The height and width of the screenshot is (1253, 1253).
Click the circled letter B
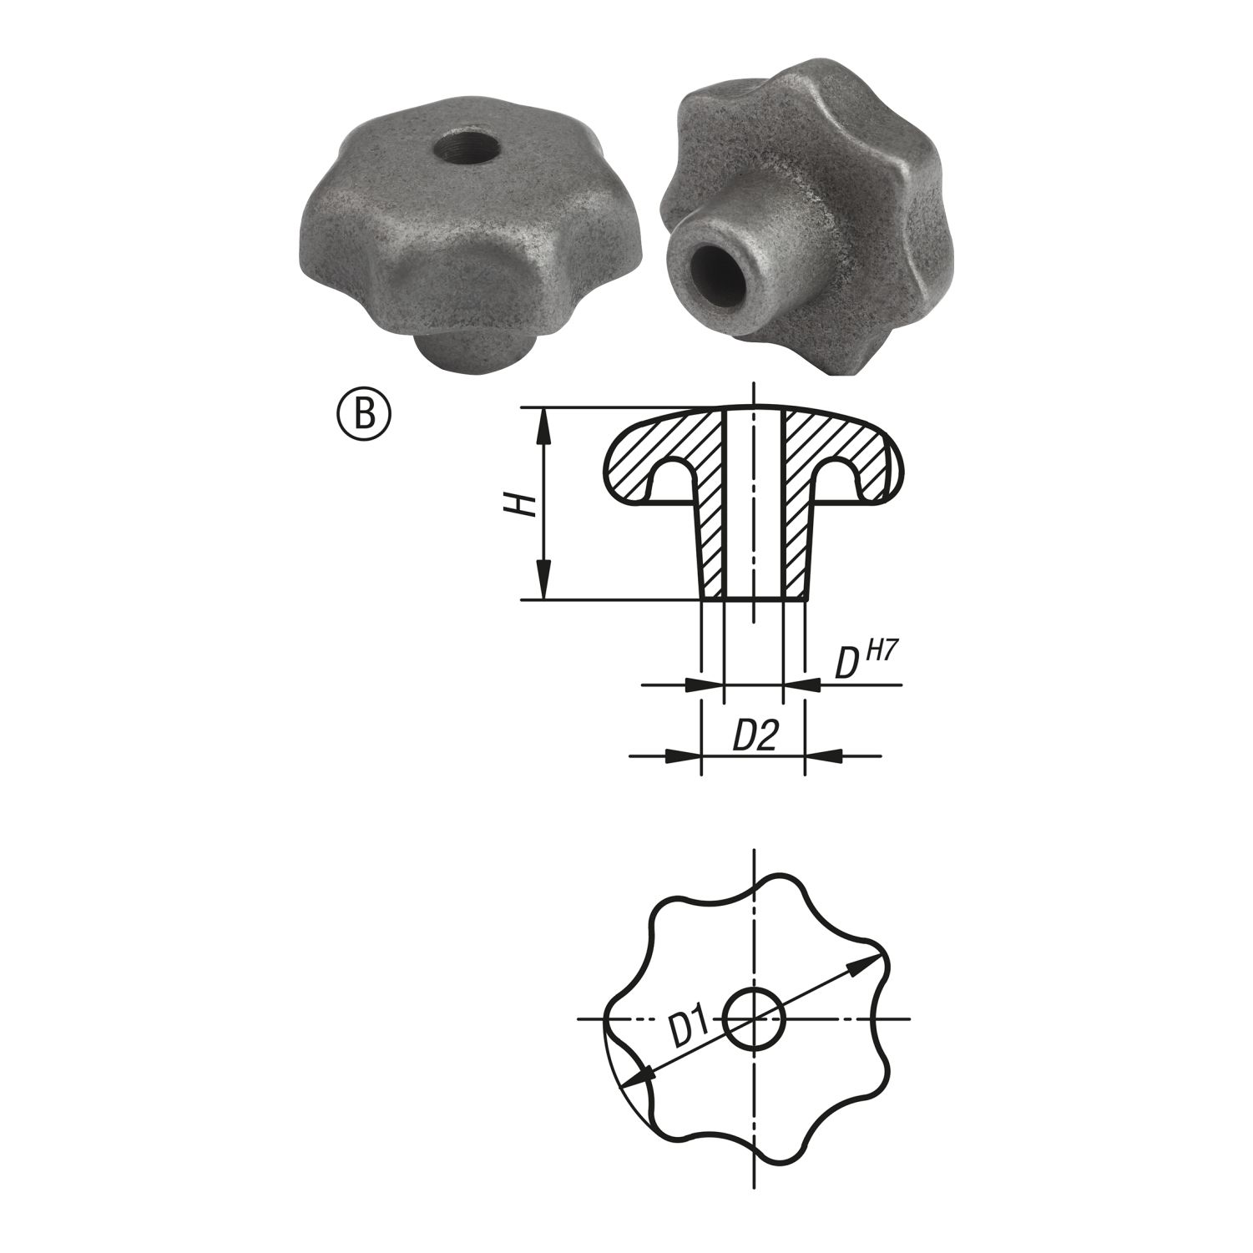(x=364, y=416)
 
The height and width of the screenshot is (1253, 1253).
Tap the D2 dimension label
(x=755, y=735)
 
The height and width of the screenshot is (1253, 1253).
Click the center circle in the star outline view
(x=754, y=1019)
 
